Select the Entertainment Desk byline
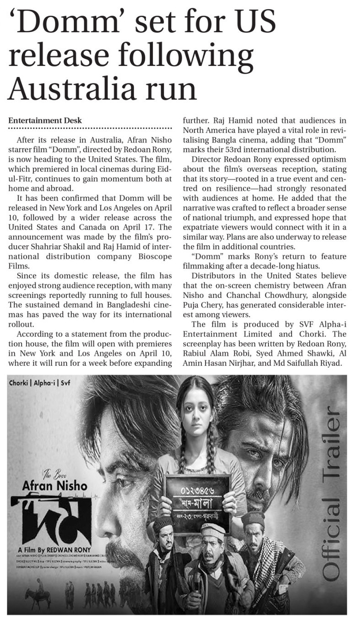(45, 120)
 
